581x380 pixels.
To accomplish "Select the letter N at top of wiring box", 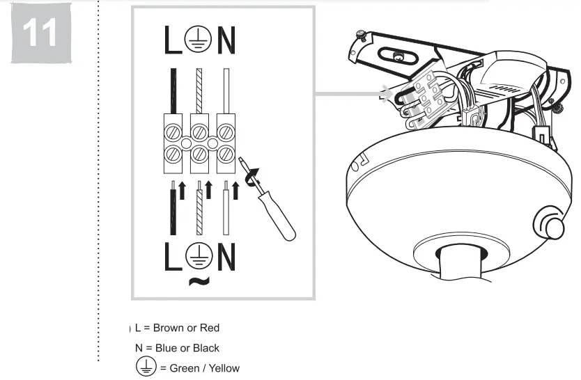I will (x=226, y=42).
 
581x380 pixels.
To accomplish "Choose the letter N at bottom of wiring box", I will (x=226, y=257).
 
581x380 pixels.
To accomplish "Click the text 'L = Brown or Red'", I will (x=177, y=327).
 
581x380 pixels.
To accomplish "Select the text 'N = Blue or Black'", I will (x=177, y=348).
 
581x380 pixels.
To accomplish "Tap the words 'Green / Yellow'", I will (x=204, y=367).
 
